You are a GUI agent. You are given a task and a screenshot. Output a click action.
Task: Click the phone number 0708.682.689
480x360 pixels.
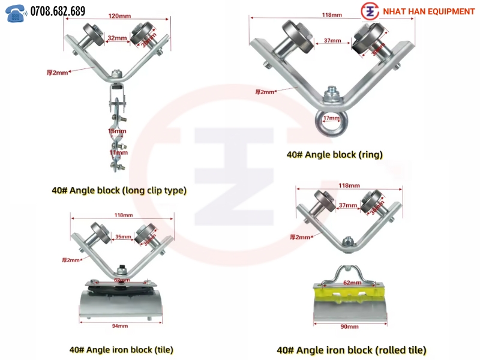click(58, 11)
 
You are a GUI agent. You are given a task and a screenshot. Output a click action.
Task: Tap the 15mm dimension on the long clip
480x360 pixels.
click(117, 131)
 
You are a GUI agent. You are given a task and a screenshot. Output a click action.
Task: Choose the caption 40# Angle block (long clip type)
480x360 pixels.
click(119, 190)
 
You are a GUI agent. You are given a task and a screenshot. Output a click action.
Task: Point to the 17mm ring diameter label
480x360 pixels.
click(332, 118)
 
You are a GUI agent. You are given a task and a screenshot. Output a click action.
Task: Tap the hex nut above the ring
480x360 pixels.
click(329, 94)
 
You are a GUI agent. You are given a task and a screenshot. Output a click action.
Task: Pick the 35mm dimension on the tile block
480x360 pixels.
click(122, 237)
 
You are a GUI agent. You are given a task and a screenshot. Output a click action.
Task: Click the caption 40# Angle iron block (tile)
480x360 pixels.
click(121, 349)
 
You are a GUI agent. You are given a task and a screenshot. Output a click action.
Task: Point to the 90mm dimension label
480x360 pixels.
click(350, 327)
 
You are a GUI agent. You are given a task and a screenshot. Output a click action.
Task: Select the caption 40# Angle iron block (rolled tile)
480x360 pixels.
click(351, 349)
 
